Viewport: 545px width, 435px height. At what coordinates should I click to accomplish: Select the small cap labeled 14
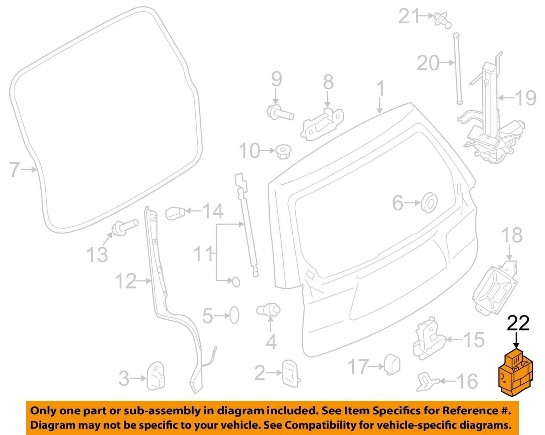tap(175, 213)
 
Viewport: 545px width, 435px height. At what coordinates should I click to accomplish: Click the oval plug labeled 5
tap(234, 316)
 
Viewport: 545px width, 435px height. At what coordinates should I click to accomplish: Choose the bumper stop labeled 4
tap(269, 310)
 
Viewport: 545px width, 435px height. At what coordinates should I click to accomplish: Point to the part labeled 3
tap(155, 376)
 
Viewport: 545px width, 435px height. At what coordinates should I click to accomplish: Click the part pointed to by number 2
tap(291, 373)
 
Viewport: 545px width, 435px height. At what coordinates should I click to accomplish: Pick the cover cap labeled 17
tap(392, 365)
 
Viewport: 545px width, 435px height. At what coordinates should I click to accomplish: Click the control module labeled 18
tap(495, 289)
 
